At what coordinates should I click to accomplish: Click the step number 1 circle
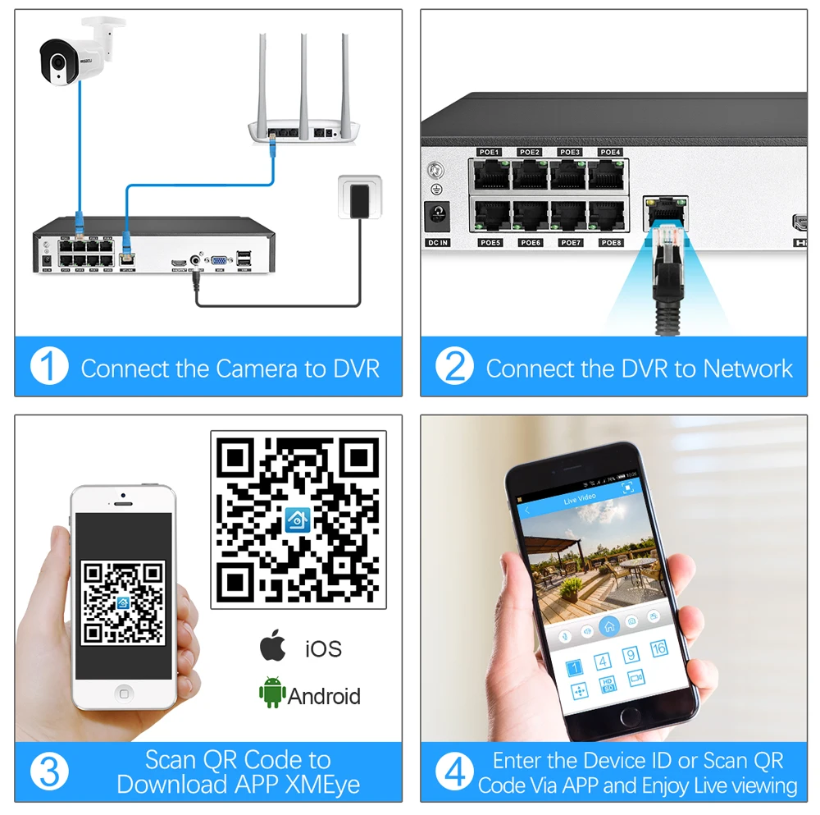click(x=49, y=367)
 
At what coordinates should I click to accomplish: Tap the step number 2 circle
click(x=454, y=367)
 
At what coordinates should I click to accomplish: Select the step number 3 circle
click(x=49, y=772)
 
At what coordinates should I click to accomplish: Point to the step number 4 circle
click(x=454, y=772)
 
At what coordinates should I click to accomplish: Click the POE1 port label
click(x=490, y=153)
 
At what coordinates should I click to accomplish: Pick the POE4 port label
click(x=610, y=153)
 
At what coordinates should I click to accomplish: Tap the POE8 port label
click(x=610, y=243)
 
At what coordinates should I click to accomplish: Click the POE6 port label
click(x=531, y=243)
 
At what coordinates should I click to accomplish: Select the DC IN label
click(x=437, y=243)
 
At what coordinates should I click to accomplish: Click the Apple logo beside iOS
click(x=273, y=646)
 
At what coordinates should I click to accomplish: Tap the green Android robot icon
click(x=271, y=694)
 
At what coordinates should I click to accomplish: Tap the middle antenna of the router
click(x=303, y=78)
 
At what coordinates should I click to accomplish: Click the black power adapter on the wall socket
click(x=358, y=199)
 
